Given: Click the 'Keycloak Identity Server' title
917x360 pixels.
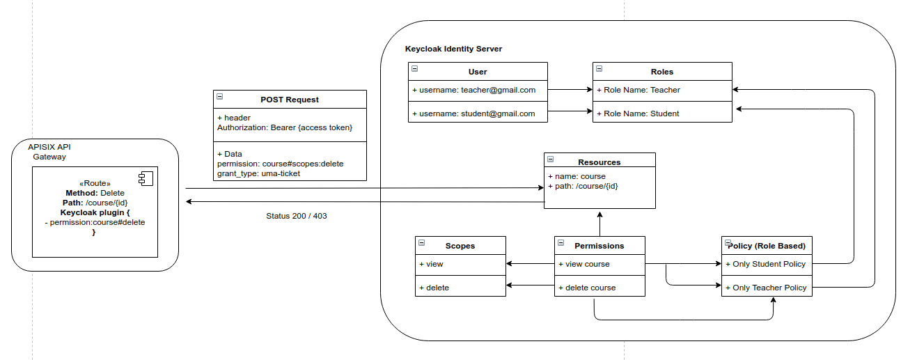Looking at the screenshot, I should coord(453,49).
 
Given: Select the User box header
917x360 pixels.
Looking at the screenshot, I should coord(478,71).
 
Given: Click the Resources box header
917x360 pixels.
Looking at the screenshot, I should coord(599,162).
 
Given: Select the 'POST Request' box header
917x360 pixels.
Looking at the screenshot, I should coord(290,100).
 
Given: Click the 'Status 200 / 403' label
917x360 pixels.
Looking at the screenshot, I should coord(297,216).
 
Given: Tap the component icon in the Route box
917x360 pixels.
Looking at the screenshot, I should coord(146,179).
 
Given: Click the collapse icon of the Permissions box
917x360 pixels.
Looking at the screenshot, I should coord(561,242).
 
